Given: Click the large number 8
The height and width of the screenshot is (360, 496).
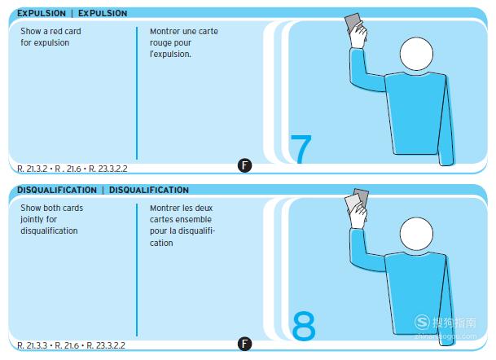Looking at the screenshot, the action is point(304,326).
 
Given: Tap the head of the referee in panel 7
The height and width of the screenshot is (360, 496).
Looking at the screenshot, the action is point(416,54).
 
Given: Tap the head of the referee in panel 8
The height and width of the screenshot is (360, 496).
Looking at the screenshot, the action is point(416,234).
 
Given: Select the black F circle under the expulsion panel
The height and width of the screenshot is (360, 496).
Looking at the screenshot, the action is point(244,165).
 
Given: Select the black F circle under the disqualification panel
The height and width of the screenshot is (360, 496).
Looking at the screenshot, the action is point(244,344).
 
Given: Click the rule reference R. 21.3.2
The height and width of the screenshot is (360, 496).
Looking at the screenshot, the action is point(33,169).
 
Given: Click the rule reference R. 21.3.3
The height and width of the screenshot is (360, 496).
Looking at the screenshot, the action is point(33,345).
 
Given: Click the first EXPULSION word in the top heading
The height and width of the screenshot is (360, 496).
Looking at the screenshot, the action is point(42,13).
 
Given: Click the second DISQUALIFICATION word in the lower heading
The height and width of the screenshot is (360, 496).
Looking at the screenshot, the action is point(149,190).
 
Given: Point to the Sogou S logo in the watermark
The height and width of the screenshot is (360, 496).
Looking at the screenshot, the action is point(422,322).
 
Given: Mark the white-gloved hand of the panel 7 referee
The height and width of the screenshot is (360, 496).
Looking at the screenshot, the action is point(358,36).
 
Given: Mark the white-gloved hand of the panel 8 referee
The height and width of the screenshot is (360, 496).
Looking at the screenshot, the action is point(358,215).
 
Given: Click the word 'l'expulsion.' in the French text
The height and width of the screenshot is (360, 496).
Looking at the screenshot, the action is point(170,54).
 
